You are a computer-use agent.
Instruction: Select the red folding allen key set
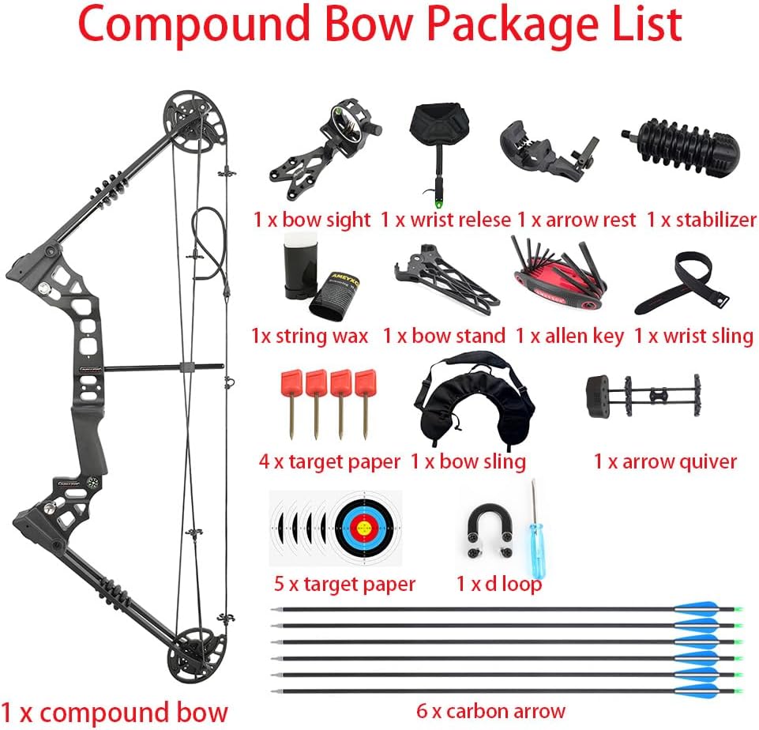pos(558,278)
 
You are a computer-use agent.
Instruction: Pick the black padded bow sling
pos(472,403)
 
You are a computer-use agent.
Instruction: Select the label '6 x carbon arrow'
pos(490,711)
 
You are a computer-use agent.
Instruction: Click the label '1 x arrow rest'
pos(577,220)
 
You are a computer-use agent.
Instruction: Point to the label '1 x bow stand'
pos(444,336)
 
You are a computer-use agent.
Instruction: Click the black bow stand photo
pos(446,281)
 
